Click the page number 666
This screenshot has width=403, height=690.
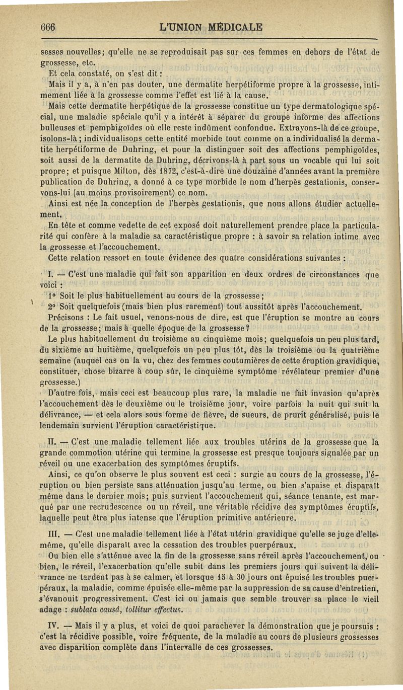[x=48, y=27]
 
